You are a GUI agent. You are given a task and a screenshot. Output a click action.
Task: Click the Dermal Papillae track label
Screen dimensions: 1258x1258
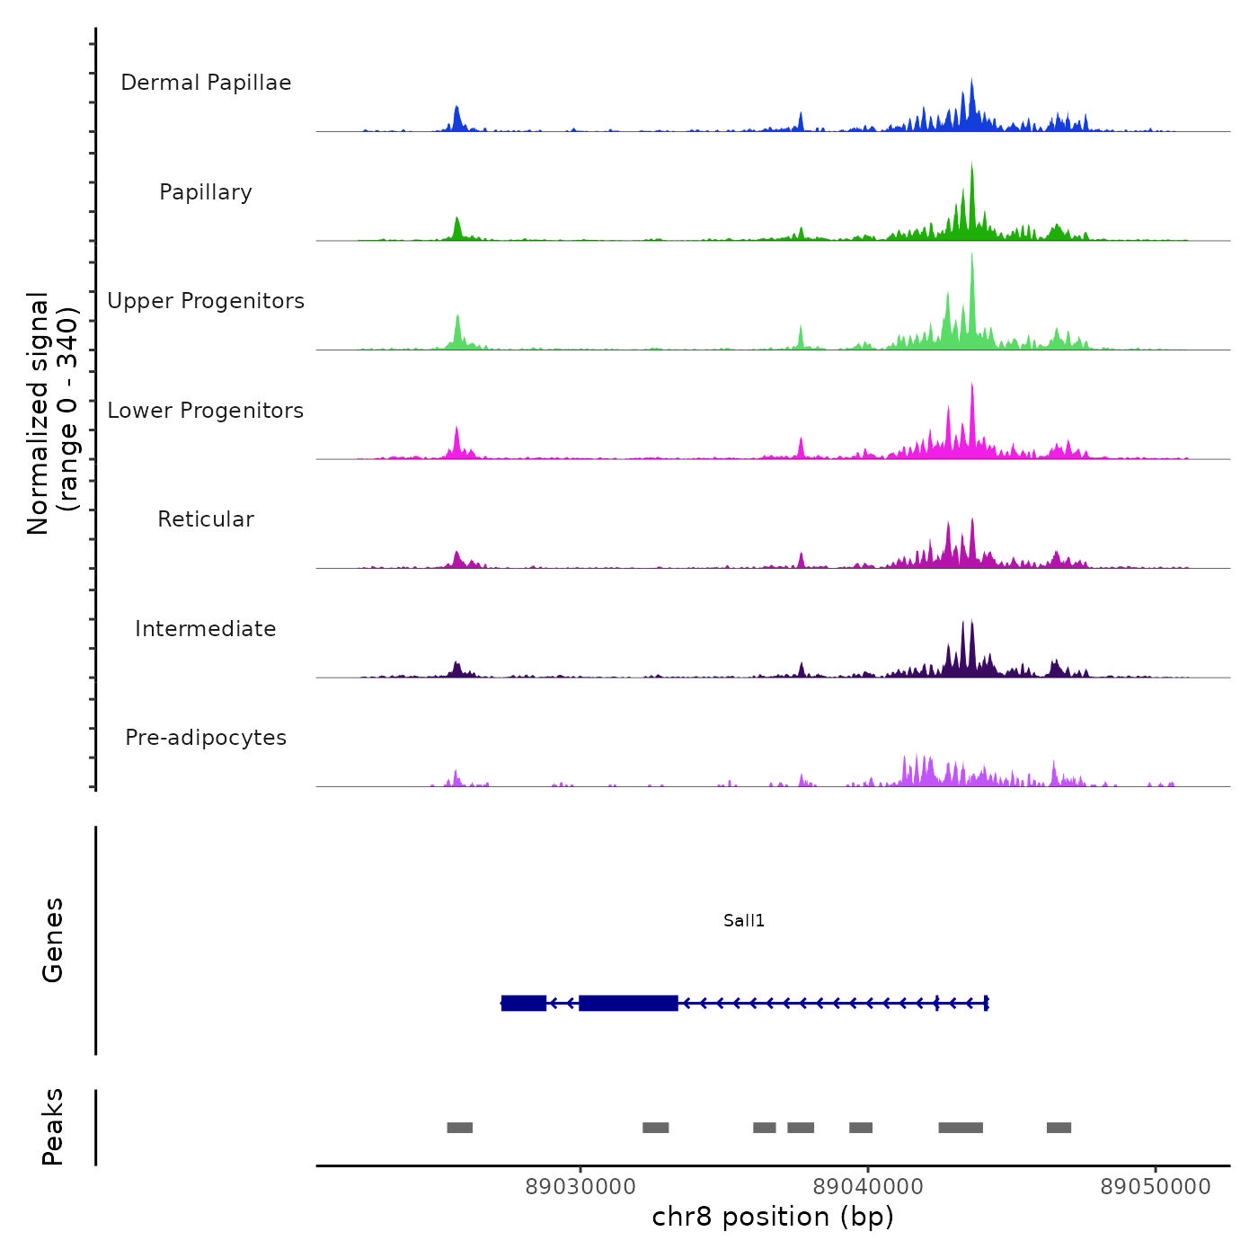click(206, 83)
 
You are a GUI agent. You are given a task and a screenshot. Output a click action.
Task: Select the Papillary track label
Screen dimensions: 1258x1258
click(206, 192)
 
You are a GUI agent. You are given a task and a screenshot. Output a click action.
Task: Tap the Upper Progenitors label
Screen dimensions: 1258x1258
click(206, 301)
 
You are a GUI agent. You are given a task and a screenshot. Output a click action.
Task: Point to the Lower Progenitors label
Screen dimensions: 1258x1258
click(206, 411)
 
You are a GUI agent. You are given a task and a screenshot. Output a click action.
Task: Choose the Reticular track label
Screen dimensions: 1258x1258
click(206, 519)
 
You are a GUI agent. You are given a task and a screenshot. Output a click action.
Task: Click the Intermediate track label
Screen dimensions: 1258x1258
click(206, 629)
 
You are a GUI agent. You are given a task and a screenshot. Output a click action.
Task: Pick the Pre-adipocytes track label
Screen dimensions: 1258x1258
click(206, 738)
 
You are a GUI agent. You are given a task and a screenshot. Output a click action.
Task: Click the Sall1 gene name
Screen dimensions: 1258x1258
click(744, 921)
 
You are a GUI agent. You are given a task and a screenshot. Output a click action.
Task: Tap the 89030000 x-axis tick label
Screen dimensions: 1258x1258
click(580, 1187)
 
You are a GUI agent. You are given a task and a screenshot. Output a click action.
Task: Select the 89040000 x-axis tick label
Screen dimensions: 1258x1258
click(868, 1187)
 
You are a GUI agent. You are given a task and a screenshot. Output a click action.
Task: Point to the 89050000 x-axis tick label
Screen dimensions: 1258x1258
click(1156, 1187)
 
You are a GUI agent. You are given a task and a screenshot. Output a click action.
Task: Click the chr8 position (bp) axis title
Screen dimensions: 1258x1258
click(773, 1218)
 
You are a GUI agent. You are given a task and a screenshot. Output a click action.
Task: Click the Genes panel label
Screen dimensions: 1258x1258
click(53, 940)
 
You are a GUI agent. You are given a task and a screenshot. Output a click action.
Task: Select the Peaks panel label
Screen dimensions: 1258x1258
click(53, 1127)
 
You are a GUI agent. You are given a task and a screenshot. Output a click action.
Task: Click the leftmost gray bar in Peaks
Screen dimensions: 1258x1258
click(460, 1128)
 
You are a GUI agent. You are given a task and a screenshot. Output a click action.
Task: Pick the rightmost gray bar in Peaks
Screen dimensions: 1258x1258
click(1059, 1128)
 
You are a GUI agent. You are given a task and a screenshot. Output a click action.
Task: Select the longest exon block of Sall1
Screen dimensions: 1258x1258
click(628, 1003)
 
